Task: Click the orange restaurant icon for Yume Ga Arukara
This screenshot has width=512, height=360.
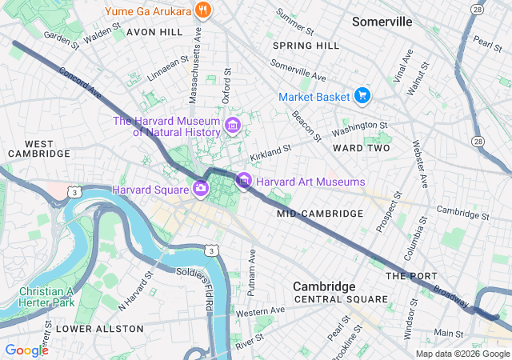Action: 204,10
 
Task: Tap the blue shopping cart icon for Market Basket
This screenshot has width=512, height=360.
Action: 362,96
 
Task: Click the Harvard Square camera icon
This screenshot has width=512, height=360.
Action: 201,189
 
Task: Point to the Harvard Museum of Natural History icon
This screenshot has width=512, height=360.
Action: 233,125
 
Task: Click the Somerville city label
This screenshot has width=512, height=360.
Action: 382,22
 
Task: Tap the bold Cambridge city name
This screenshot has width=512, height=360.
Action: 323,286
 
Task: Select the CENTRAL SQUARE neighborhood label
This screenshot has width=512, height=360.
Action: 341,299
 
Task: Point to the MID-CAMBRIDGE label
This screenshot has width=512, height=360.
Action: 320,214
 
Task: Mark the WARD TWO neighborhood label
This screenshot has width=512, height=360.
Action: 361,148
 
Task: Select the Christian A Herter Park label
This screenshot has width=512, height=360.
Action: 46,298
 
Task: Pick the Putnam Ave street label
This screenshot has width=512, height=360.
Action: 251,268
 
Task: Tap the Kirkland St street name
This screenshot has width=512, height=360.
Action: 270,150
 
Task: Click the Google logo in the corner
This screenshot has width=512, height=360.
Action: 26,350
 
